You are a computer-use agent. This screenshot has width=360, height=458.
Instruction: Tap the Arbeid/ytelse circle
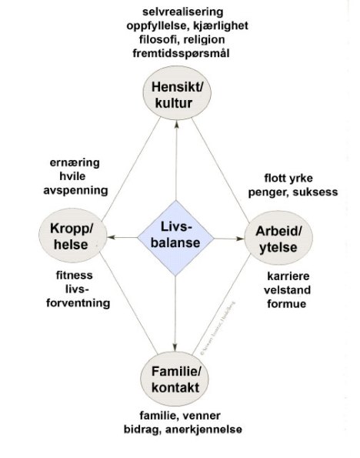pyautogui.click(x=281, y=239)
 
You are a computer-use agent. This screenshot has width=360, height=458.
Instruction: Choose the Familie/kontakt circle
pyautogui.click(x=176, y=378)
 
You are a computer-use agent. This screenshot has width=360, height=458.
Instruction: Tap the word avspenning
pyautogui.click(x=75, y=190)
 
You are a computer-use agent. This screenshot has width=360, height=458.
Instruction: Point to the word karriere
pyautogui.click(x=287, y=276)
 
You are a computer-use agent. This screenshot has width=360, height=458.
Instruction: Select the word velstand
pyautogui.click(x=287, y=289)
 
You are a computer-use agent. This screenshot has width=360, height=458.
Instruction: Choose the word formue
pyautogui.click(x=287, y=303)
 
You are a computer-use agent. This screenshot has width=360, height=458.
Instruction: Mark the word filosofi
pyautogui.click(x=154, y=41)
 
